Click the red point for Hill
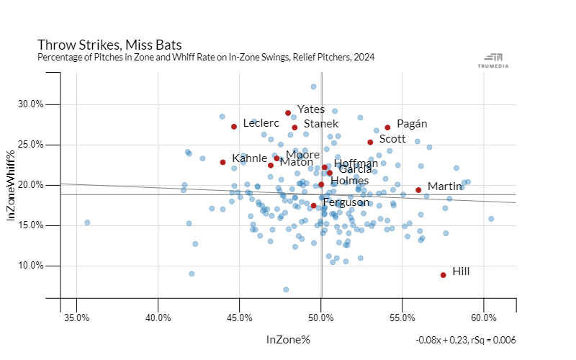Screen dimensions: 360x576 [x=443, y=275]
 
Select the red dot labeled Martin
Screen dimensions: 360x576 [x=418, y=190]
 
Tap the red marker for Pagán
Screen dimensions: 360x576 [x=387, y=127]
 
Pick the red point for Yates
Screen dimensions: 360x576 [x=288, y=113]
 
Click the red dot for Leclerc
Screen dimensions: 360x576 [x=234, y=127]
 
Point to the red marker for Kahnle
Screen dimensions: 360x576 [x=222, y=162]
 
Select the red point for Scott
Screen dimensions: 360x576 [x=370, y=143]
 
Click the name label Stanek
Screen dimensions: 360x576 [x=320, y=124]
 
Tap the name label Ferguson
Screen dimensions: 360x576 [x=346, y=203]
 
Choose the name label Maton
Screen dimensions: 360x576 [x=296, y=162]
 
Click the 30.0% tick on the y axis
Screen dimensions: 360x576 [x=31, y=104]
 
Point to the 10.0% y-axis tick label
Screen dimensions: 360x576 [x=31, y=266]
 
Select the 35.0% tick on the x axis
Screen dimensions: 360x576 [x=76, y=318]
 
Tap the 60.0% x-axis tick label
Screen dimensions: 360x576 [x=484, y=318]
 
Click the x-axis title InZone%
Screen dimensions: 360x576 [x=288, y=339]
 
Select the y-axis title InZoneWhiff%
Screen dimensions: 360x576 [x=12, y=184]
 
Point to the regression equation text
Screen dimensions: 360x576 [x=466, y=340]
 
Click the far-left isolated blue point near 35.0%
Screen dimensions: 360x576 [x=87, y=222]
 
